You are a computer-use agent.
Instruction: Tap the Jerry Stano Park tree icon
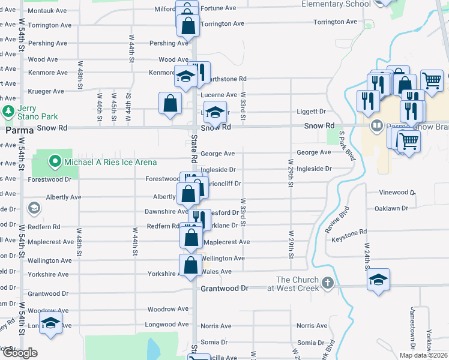point(8,112)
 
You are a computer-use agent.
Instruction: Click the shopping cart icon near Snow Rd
point(409,142)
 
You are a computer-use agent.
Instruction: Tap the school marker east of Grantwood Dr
point(378,280)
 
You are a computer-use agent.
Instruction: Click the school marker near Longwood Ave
point(51,324)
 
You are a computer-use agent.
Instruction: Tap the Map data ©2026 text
point(423,355)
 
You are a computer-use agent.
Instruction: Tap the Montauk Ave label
point(47,11)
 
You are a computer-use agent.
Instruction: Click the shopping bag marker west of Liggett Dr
point(170,102)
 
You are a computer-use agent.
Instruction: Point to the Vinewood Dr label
point(397,193)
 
